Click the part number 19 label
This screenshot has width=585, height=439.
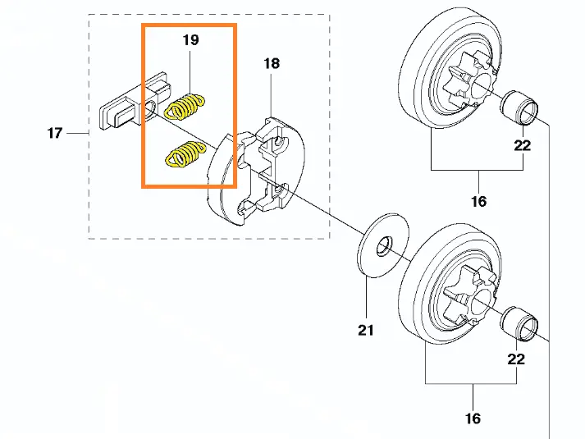[x=190, y=39]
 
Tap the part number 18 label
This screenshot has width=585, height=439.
[x=271, y=63]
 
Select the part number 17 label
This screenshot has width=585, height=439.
[x=54, y=132]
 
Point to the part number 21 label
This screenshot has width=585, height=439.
[x=365, y=330]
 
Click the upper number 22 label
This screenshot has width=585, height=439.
[x=523, y=146]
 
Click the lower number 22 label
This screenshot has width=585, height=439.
[x=515, y=359]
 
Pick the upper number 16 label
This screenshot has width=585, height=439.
[x=478, y=201]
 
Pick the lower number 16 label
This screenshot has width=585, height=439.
[x=473, y=418]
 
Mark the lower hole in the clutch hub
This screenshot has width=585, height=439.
[x=279, y=192]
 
